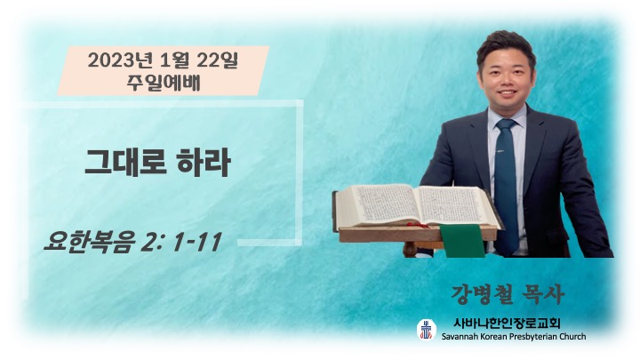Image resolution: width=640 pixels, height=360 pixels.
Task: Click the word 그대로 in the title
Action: [x=124, y=163]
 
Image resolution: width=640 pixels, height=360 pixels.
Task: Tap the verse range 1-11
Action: [x=197, y=242]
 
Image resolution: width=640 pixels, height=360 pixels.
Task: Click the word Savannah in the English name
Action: [x=459, y=337]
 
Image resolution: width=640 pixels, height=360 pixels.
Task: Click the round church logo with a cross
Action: [x=426, y=330]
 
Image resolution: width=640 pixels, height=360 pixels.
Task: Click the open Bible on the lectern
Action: [x=417, y=206]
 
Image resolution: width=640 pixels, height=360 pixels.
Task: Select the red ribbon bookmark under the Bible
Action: [x=419, y=225]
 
